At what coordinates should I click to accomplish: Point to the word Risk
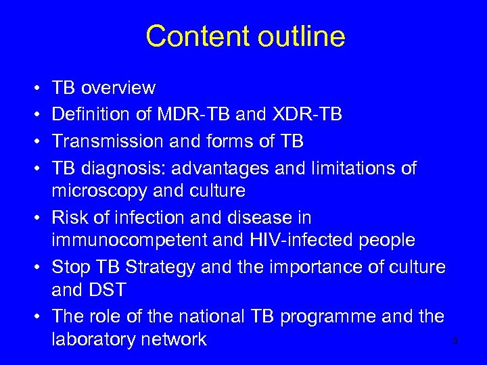(68, 218)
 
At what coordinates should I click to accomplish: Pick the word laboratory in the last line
(96, 339)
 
